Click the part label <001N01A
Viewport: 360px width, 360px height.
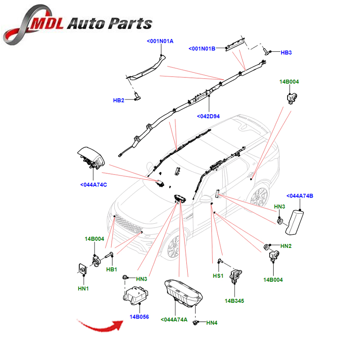click(x=160, y=41)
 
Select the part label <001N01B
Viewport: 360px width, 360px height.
click(x=202, y=48)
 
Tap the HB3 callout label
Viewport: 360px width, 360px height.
click(x=286, y=53)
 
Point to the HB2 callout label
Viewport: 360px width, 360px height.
click(x=118, y=100)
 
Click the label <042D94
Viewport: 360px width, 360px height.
click(x=207, y=117)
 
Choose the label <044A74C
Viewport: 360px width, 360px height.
click(x=94, y=185)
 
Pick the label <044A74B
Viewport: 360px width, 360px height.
click(x=300, y=196)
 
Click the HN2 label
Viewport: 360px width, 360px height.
click(x=286, y=246)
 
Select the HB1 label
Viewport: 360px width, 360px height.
click(x=112, y=270)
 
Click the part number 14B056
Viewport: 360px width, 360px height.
click(x=139, y=317)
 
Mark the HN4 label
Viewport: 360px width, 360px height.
click(x=212, y=323)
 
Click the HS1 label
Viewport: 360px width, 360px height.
click(x=218, y=276)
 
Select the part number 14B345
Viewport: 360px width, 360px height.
click(x=235, y=300)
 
